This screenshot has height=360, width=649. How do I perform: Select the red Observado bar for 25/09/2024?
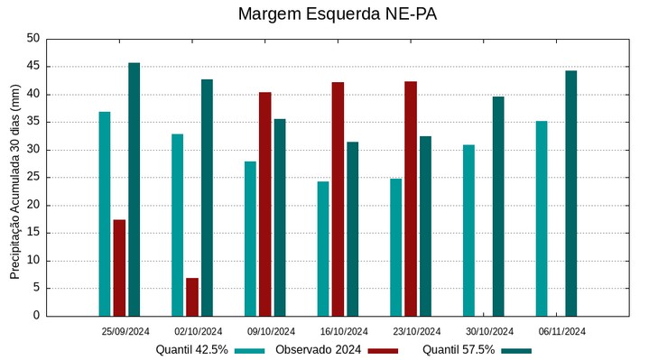pyautogui.click(x=119, y=267)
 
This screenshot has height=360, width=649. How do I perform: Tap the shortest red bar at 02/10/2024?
pyautogui.click(x=192, y=297)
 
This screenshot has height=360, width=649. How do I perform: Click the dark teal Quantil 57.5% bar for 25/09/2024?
pyautogui.click(x=134, y=189)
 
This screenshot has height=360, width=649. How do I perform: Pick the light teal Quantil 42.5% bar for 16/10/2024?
pyautogui.click(x=323, y=248)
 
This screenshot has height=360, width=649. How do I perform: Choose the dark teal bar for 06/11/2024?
pyautogui.click(x=570, y=193)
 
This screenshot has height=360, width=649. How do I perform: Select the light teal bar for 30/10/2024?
pyautogui.click(x=468, y=230)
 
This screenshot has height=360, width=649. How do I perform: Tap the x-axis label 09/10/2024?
pyautogui.click(x=271, y=331)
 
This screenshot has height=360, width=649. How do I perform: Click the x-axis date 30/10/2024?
pyautogui.click(x=489, y=331)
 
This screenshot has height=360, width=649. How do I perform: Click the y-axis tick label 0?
pyautogui.click(x=37, y=316)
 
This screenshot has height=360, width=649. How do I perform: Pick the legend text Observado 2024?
pyautogui.click(x=319, y=350)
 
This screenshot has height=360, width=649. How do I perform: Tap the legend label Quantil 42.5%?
pyautogui.click(x=191, y=350)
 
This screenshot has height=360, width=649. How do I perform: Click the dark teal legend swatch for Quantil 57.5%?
pyautogui.click(x=516, y=350)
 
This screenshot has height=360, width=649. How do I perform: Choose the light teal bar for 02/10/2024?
pyautogui.click(x=178, y=225)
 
